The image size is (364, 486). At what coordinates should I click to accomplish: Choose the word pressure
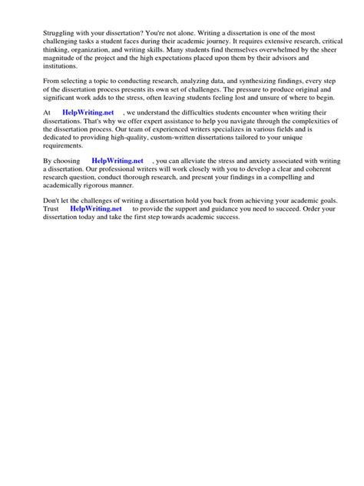236,92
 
